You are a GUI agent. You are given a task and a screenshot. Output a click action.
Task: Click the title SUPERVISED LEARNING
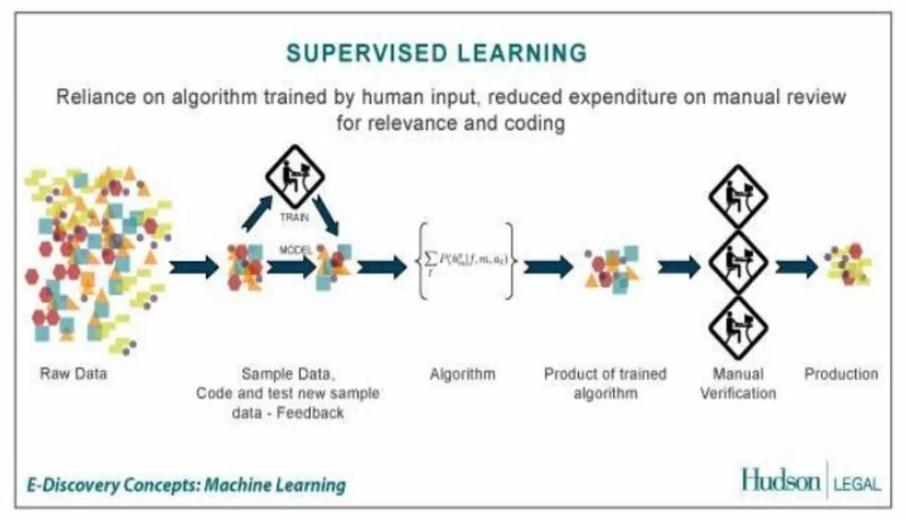pos(436,52)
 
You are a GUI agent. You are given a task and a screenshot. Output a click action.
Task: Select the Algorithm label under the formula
pos(462,374)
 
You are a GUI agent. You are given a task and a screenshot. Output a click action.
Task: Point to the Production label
pos(841,374)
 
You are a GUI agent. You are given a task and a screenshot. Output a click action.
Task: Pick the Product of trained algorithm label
pos(605,383)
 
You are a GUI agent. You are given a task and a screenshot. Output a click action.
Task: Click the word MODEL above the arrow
pos(295,251)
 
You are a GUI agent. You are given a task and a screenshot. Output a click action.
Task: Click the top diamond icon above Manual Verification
pos(738,195)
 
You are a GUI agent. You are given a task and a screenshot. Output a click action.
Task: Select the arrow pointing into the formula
pos(382,266)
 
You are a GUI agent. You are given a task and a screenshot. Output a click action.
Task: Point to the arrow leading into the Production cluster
pos(797,266)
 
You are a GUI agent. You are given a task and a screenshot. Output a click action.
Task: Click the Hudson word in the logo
pos(780,481)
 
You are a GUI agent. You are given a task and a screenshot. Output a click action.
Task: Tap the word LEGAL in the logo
pos(857,484)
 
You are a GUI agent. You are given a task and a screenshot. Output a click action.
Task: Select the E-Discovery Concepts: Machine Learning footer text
pos(186,485)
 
